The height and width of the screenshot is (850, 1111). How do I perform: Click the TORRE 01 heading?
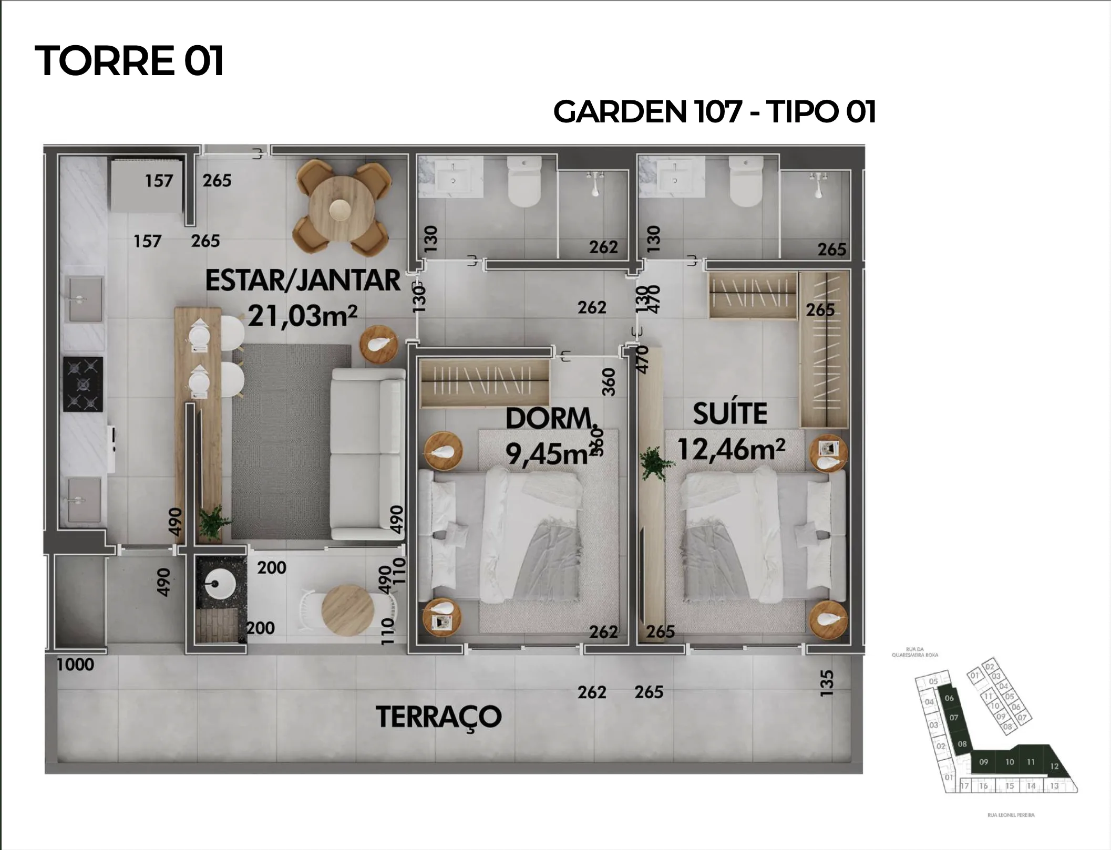point(129,61)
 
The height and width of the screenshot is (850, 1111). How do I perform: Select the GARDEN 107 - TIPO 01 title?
point(714,112)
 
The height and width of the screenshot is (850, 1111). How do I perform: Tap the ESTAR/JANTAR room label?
point(303,280)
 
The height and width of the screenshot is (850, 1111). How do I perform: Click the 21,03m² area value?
point(303,316)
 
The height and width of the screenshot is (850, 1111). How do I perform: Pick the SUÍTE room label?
point(730,413)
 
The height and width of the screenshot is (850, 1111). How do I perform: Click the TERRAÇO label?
point(438,717)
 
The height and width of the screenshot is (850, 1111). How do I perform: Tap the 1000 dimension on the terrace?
point(75,665)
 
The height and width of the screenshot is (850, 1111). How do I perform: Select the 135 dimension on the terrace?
point(827,683)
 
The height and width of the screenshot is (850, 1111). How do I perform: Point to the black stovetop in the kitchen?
point(83,385)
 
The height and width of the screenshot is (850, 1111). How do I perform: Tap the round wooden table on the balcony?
point(347,610)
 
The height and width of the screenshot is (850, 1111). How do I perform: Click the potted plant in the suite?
point(654,462)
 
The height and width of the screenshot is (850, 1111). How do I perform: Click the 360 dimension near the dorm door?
point(608,382)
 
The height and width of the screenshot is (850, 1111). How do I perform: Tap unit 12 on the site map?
point(1054,766)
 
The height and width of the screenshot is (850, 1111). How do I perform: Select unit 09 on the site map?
point(983,762)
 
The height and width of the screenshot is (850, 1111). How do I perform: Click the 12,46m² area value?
point(731,449)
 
